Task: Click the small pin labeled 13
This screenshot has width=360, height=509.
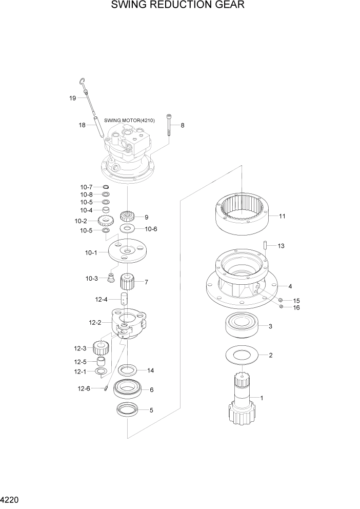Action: coord(266,245)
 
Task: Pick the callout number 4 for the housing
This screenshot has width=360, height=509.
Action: coord(290,286)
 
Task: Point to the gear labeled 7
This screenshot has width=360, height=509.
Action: coord(127,282)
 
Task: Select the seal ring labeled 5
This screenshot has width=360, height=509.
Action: coord(127,409)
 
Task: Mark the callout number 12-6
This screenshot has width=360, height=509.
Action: coord(84,388)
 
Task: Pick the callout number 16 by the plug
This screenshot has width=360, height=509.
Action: coord(296,307)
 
